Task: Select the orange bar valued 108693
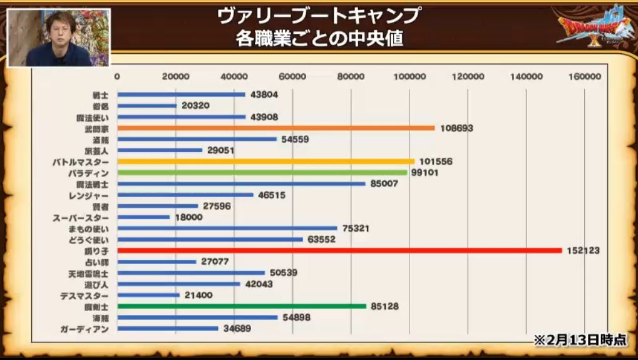coord(275,128)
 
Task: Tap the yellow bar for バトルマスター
coord(265,162)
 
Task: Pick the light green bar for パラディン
coord(262,173)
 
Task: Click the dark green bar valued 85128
coord(242,306)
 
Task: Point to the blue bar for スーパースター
coord(143,217)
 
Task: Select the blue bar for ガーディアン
coord(168,329)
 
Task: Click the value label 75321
coord(356,229)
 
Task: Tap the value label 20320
coord(195,106)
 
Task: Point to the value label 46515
coord(272,195)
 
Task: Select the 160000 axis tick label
coord(585,76)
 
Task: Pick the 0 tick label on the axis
coord(117,76)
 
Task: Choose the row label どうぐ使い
coord(91,240)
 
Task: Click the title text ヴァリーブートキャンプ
coord(319,15)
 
